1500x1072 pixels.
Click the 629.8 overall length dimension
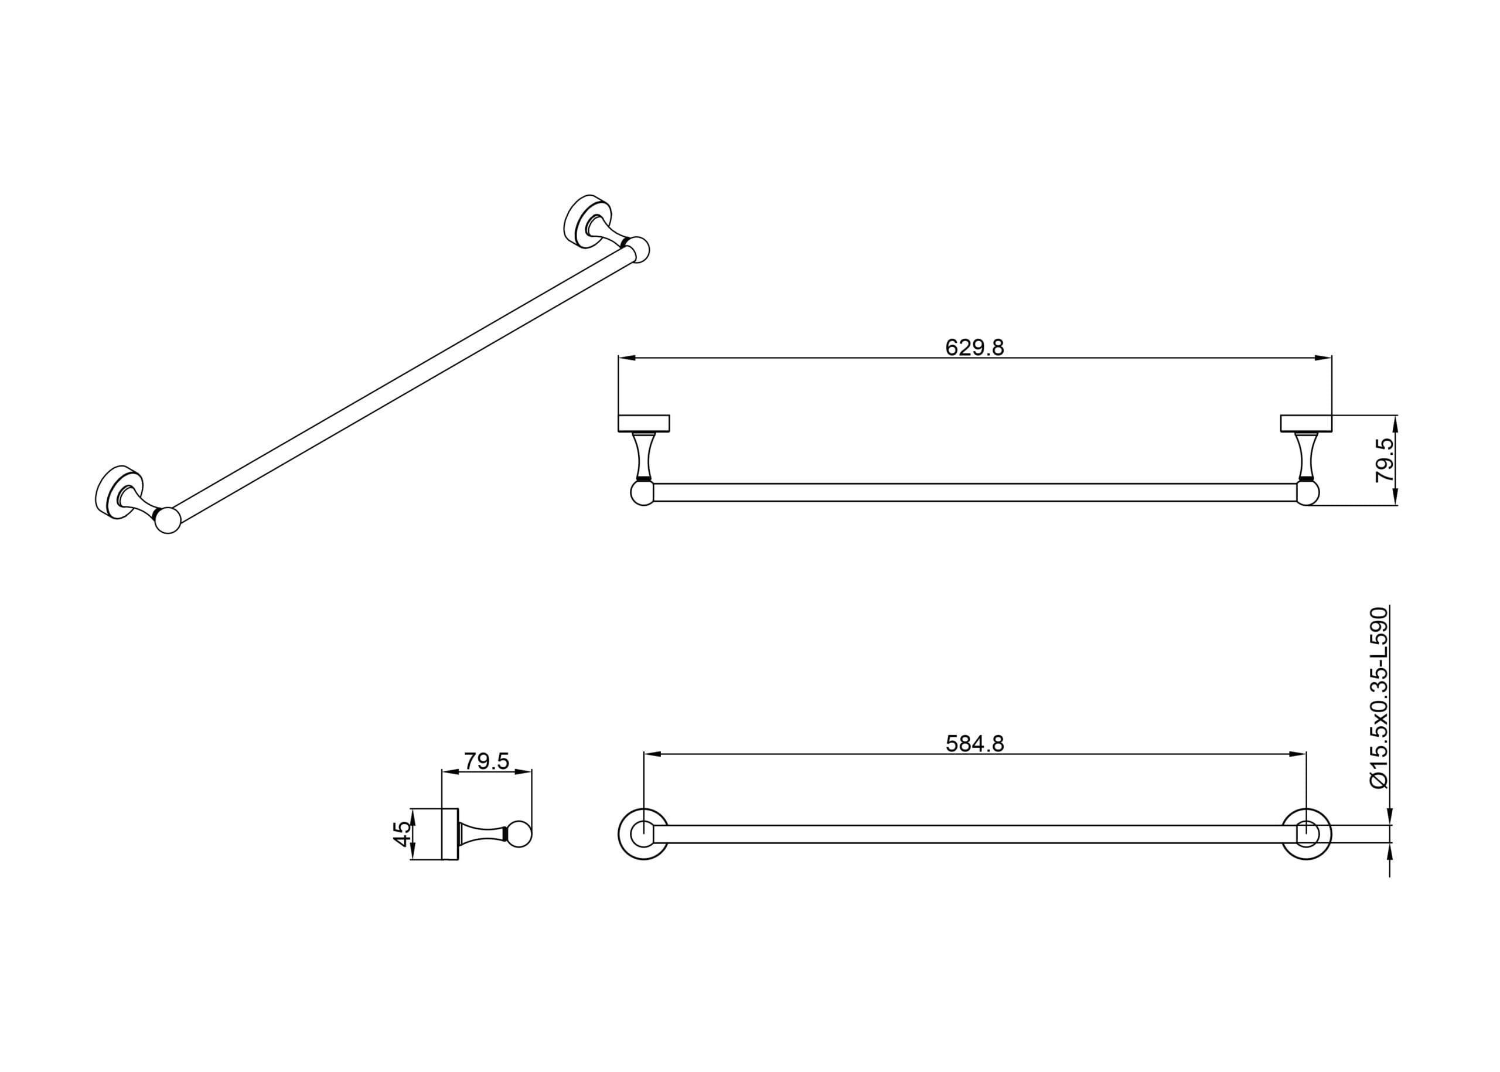(x=974, y=347)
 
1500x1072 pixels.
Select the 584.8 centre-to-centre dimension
(x=974, y=743)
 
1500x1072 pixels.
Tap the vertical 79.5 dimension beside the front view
(x=1385, y=460)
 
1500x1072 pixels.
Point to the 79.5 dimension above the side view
(x=486, y=761)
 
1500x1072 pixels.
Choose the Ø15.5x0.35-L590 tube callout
(x=1379, y=697)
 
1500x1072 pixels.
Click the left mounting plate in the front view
(x=643, y=423)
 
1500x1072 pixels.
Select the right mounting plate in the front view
(x=1306, y=423)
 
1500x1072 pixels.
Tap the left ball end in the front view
(x=642, y=492)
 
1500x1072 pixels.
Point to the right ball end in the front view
(x=1308, y=492)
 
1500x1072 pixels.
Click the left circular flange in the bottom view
(x=643, y=833)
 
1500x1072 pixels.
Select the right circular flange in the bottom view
(x=1307, y=833)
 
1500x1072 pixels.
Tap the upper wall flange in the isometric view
(x=587, y=221)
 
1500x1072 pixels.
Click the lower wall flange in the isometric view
(x=119, y=492)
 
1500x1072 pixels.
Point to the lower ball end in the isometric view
(x=168, y=520)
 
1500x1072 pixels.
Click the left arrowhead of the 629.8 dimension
(x=627, y=358)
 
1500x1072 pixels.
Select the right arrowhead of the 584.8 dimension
(x=1297, y=754)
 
